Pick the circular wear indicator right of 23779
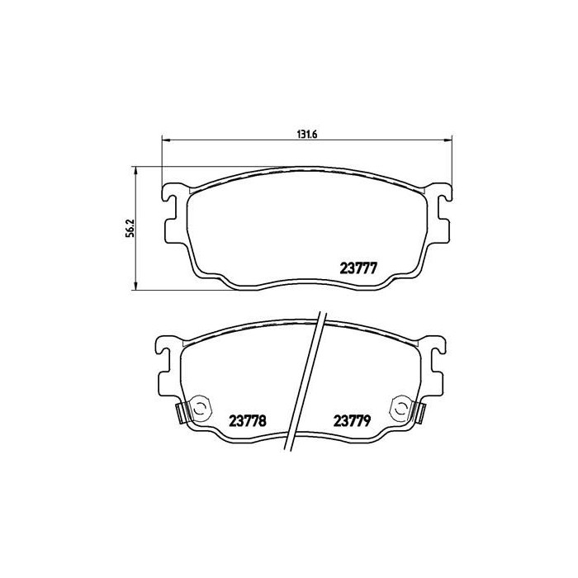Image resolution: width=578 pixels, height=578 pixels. pos(400,408)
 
